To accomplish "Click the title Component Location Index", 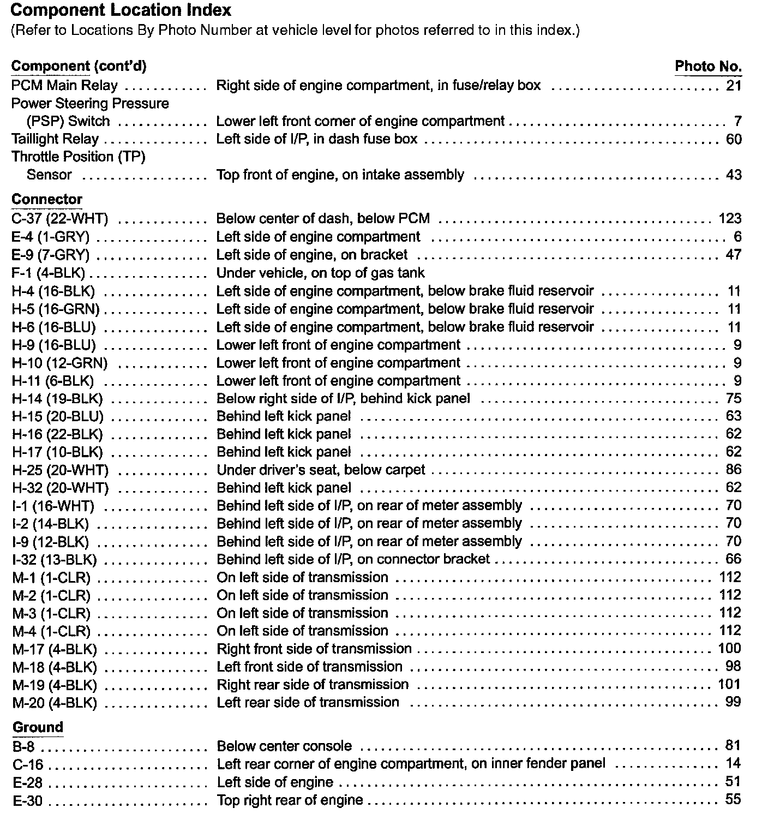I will (x=121, y=10).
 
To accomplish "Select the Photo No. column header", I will (x=708, y=67).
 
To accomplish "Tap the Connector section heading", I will (x=47, y=200).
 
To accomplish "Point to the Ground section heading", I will (x=38, y=727).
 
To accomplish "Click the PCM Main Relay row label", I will (x=64, y=86).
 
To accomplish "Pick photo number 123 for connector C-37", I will (x=730, y=219).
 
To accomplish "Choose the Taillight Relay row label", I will (x=55, y=139).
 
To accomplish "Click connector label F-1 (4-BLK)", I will (x=48, y=273).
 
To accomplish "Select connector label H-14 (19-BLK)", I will (x=57, y=399).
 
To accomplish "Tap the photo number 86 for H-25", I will (x=734, y=470).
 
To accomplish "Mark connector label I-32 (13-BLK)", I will (x=55, y=560).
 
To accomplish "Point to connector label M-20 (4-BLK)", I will (x=55, y=703).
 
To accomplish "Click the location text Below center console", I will (x=284, y=746).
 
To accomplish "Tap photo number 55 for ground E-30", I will (x=734, y=800).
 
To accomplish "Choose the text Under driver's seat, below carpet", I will (x=321, y=470).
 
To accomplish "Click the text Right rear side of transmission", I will (x=313, y=685).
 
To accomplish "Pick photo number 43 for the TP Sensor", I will (x=734, y=175).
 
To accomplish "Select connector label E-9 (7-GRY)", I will (x=51, y=255).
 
